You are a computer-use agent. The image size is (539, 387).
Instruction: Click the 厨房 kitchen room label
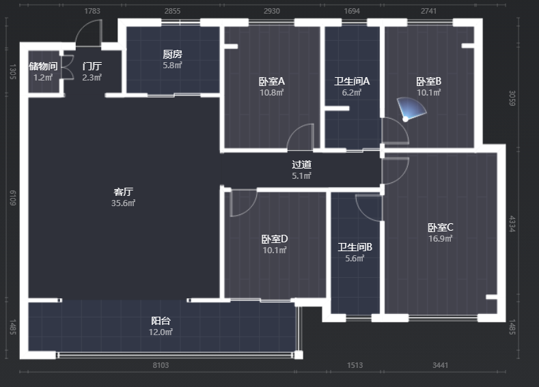[x=173, y=54]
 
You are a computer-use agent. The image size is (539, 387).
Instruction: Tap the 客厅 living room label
[x=124, y=192]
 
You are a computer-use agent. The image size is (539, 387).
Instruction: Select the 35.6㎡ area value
[x=123, y=203]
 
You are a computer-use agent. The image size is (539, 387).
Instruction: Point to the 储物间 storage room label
[x=43, y=66]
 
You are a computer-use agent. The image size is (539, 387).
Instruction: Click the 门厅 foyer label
[x=92, y=66]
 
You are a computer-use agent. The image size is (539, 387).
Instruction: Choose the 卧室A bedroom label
[x=272, y=81]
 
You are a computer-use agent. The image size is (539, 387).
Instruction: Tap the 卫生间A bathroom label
[x=352, y=81]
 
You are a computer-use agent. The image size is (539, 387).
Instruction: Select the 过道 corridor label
[x=302, y=164]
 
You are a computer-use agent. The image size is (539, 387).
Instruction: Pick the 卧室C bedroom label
[x=441, y=227]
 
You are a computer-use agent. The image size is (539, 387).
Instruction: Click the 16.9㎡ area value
[x=441, y=238]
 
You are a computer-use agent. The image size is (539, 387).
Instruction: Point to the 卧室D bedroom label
[x=275, y=239]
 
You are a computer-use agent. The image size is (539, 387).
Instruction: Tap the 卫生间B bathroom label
[x=355, y=247]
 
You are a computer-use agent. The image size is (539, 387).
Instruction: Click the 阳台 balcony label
[x=161, y=321]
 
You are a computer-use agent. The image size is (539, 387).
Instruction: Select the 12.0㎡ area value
[x=161, y=332]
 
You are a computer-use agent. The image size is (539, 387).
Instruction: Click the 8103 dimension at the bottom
[x=161, y=365]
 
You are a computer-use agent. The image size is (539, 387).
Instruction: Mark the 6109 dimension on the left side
[x=13, y=198]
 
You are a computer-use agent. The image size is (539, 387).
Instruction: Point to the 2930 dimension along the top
[x=272, y=11]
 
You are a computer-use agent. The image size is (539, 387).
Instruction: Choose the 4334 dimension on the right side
[x=512, y=224]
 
